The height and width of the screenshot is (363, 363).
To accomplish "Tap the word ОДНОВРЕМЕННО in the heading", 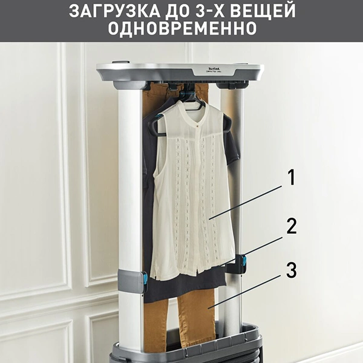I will (181, 30).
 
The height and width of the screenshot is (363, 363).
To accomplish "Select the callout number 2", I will (291, 226).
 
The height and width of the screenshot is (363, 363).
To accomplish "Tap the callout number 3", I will (291, 270).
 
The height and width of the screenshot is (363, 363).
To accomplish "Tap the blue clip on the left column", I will (145, 280).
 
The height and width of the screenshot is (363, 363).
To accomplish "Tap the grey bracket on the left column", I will (130, 281).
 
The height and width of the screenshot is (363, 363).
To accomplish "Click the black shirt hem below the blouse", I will (181, 290).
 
